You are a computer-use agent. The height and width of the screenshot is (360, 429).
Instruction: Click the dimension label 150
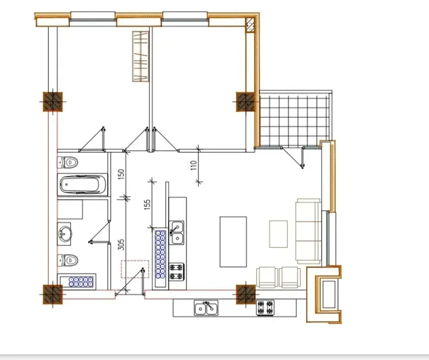(121, 174)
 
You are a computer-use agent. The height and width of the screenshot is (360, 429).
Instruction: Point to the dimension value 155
(147, 205)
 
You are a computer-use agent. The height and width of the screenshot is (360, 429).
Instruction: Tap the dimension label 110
(194, 166)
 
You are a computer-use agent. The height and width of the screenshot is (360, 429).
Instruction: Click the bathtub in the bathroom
(83, 185)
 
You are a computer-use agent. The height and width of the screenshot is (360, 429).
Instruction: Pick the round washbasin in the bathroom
(65, 234)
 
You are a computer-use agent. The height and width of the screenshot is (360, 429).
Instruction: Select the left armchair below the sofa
(267, 277)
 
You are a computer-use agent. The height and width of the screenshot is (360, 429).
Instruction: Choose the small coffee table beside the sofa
(278, 234)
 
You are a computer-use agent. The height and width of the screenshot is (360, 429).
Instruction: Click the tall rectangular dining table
(234, 241)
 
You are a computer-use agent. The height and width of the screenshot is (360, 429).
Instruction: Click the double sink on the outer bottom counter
(206, 308)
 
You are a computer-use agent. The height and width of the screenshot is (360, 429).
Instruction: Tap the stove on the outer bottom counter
(265, 308)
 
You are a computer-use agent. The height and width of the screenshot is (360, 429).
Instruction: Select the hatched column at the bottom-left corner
(52, 293)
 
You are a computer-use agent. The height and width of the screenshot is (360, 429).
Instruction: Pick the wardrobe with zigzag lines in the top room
(139, 55)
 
